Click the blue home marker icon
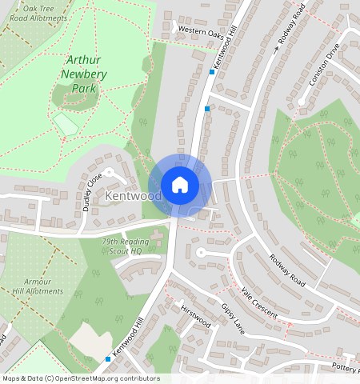coord(180,185)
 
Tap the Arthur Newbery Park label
coord(78,74)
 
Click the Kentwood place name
coord(122,196)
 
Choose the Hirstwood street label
coord(195,315)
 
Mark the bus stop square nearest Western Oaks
coord(212,72)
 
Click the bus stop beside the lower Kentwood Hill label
coord(108,359)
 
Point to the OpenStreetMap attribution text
coord(80,378)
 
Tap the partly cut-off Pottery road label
coord(346,366)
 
